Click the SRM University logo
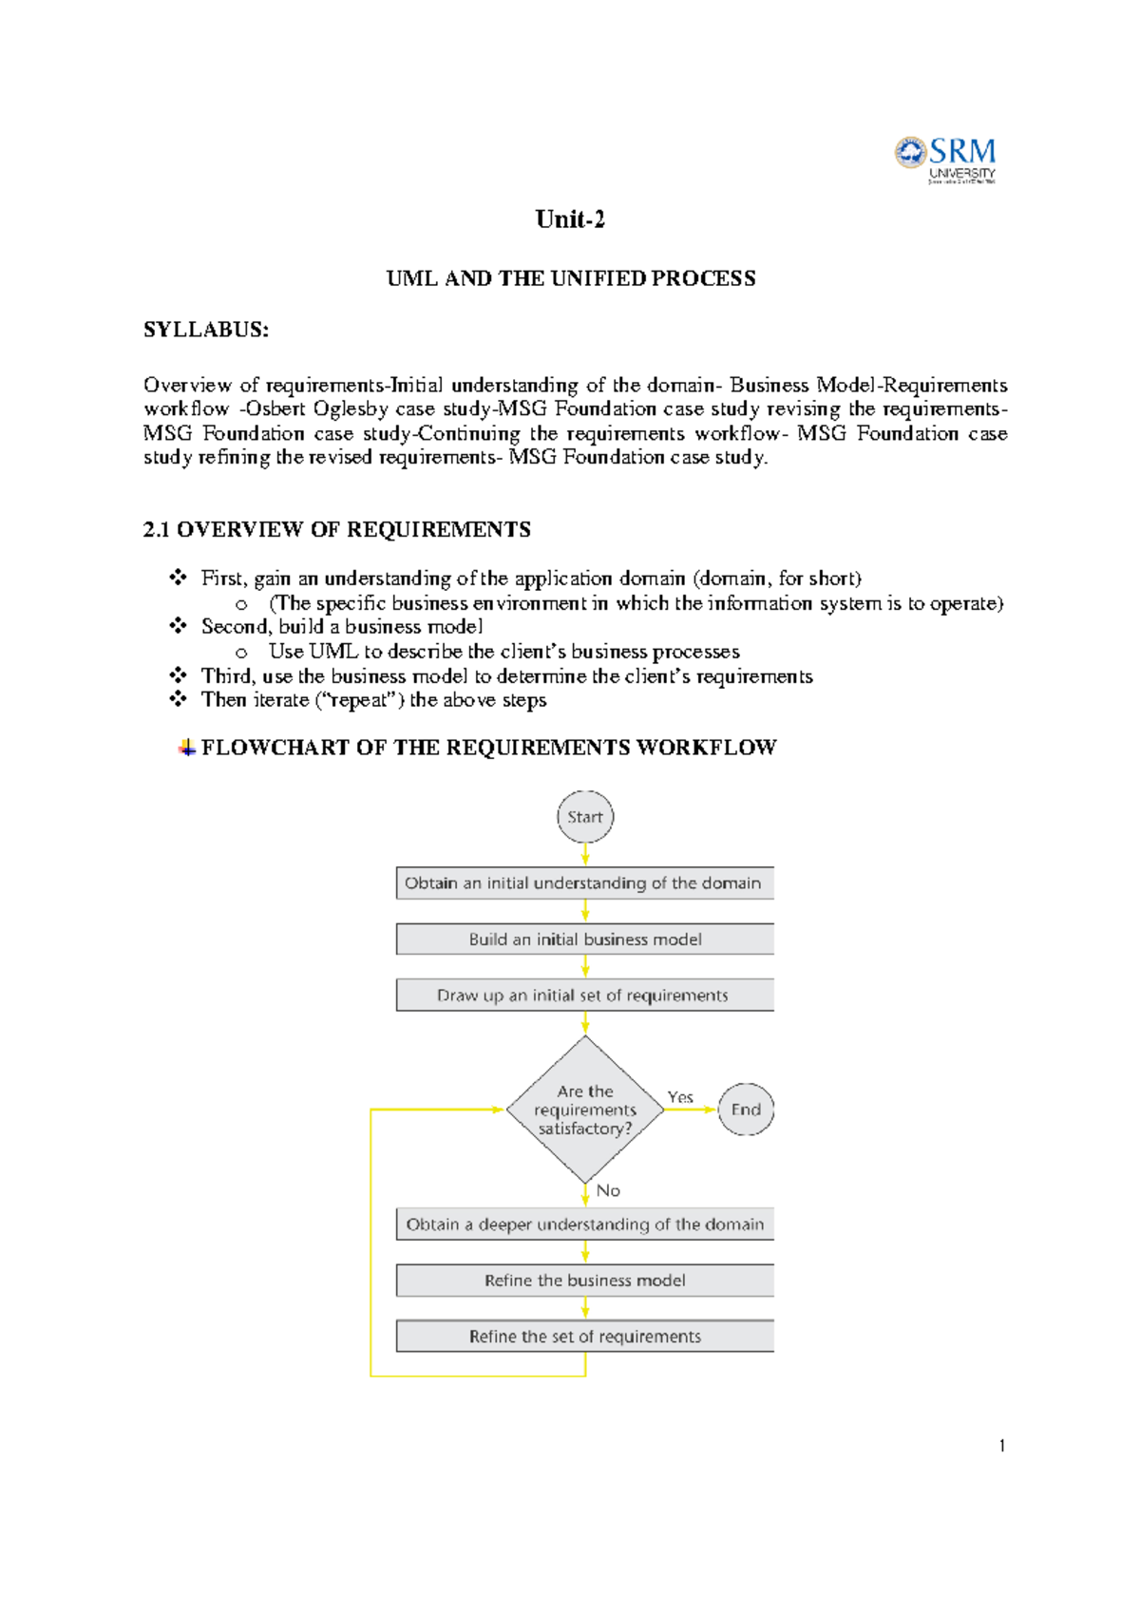(x=945, y=160)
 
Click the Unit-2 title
(x=570, y=219)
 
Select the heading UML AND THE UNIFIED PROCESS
(x=571, y=278)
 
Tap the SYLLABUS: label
(x=206, y=330)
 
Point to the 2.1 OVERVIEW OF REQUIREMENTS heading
(x=336, y=529)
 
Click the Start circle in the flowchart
(x=585, y=817)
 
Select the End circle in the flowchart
(x=746, y=1110)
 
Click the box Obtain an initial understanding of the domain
(x=584, y=882)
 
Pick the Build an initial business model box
(x=584, y=939)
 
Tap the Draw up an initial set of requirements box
(x=584, y=995)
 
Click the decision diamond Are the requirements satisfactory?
(x=585, y=1110)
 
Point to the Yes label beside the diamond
(x=680, y=1097)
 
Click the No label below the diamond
(x=608, y=1190)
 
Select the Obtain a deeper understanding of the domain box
(x=584, y=1224)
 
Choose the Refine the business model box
(x=584, y=1280)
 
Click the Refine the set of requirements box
(x=584, y=1336)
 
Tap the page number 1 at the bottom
(x=1002, y=1446)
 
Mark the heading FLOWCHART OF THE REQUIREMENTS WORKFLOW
(x=488, y=748)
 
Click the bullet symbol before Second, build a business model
(x=178, y=626)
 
